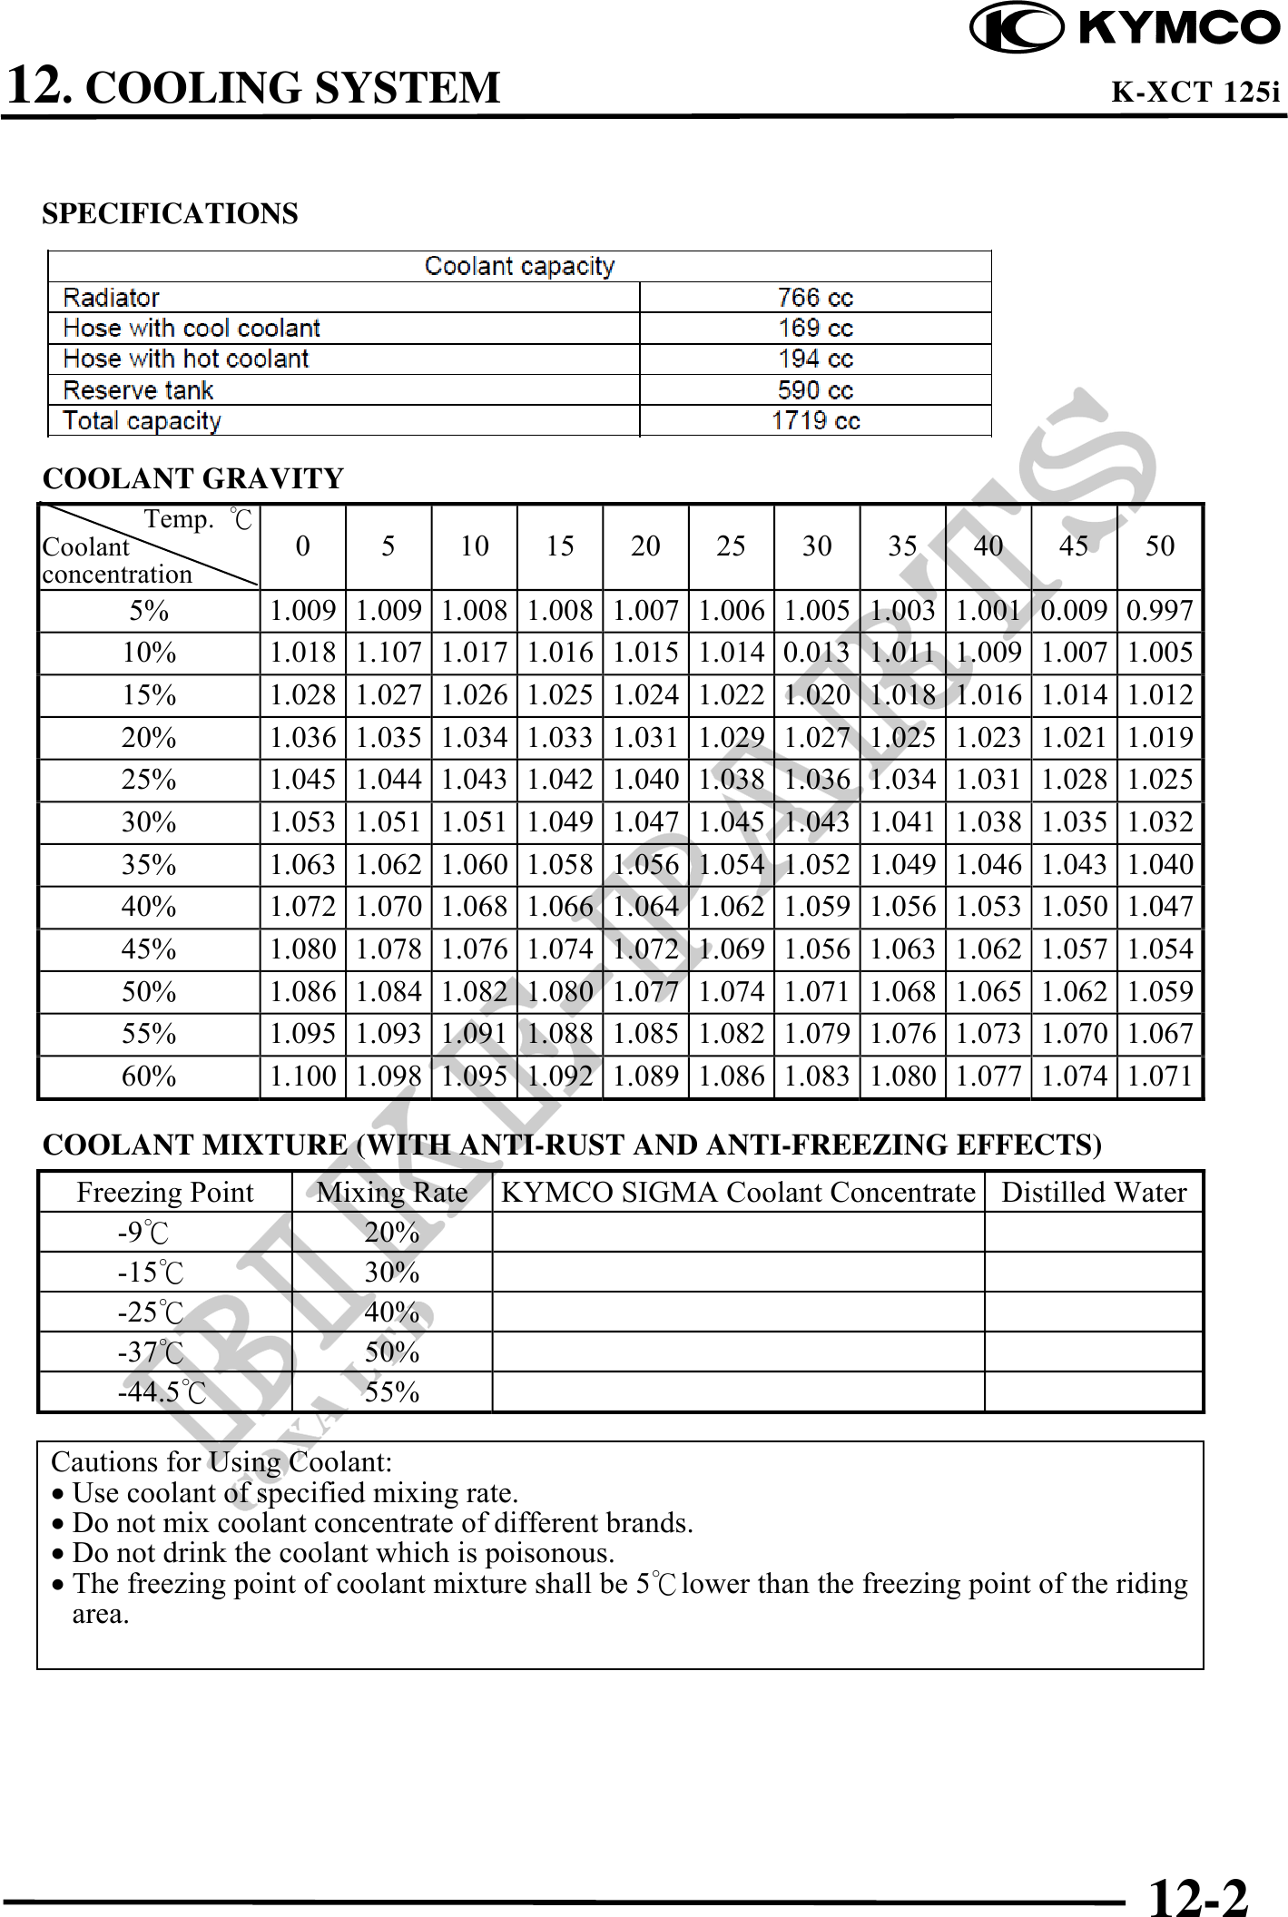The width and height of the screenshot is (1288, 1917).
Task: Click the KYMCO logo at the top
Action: coord(1125,27)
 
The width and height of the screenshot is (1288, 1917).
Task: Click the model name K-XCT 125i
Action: coord(1195,93)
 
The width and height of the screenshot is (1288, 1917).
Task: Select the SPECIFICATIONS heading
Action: coord(170,214)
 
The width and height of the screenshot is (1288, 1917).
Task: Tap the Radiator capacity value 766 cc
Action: coord(815,298)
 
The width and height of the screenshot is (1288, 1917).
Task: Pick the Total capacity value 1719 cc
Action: coord(815,421)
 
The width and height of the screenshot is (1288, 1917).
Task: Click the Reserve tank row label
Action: coord(138,390)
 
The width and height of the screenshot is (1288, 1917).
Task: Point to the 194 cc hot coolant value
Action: coord(815,359)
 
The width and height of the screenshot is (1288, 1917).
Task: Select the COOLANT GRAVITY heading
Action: coord(193,478)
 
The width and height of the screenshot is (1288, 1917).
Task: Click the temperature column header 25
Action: coord(731,546)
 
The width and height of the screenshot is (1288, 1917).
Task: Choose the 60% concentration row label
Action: coord(149,1076)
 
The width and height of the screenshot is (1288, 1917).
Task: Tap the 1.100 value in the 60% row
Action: coord(302,1076)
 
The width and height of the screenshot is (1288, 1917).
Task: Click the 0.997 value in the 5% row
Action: coord(1159,611)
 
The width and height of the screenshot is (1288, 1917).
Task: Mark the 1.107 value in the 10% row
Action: coord(388,653)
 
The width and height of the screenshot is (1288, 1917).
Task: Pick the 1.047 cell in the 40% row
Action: coord(1159,907)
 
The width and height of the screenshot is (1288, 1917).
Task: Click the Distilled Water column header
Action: coord(1094,1193)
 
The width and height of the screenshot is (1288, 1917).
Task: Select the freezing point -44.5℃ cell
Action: coord(162,1392)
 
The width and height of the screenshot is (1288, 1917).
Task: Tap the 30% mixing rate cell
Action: coord(392,1273)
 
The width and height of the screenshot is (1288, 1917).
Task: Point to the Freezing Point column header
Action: coord(165,1193)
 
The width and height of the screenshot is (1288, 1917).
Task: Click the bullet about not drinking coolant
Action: coord(343,1553)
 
